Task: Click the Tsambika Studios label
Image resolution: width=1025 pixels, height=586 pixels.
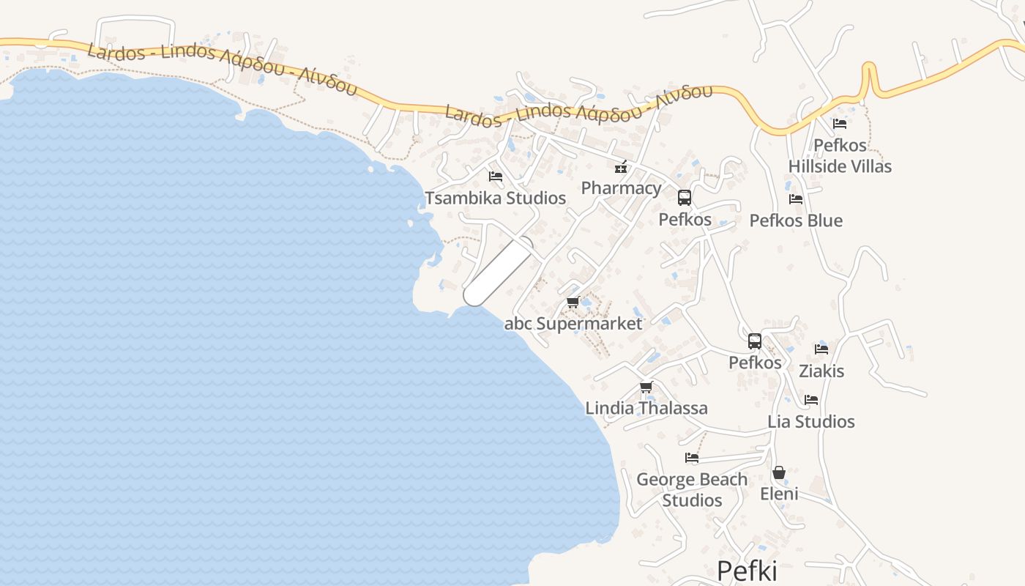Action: (x=495, y=198)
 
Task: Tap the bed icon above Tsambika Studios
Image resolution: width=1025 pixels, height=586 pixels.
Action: (x=496, y=177)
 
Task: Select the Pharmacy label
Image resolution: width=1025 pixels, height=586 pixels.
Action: (x=621, y=188)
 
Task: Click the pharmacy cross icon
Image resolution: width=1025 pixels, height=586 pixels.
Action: (x=621, y=168)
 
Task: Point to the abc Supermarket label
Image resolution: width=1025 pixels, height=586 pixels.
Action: (x=573, y=323)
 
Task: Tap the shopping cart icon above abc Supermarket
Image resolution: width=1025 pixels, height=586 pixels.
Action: (x=573, y=302)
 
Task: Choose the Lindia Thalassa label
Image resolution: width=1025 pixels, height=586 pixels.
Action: (x=646, y=408)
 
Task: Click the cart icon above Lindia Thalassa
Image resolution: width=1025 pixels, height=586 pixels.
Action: (x=646, y=387)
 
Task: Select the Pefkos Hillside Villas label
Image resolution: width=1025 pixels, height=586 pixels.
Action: (x=840, y=156)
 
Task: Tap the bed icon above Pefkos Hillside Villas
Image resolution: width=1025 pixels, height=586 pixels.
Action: (x=840, y=124)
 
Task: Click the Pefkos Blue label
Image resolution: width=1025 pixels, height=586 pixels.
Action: (x=796, y=220)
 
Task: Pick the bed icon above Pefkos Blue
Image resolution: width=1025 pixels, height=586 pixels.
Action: (x=796, y=199)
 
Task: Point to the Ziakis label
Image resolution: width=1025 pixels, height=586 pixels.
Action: (x=821, y=371)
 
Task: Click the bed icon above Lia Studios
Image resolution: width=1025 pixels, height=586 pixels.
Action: (x=811, y=400)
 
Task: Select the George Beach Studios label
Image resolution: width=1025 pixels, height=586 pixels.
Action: (x=692, y=489)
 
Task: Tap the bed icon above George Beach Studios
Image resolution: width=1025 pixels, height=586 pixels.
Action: (x=692, y=458)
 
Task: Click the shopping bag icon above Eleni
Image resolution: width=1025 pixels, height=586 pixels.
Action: (x=779, y=472)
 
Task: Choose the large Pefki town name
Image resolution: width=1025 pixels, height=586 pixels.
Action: (x=747, y=571)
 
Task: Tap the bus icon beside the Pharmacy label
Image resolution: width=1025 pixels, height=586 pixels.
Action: (x=685, y=198)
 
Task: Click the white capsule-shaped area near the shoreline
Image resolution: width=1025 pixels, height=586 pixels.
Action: (x=499, y=271)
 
